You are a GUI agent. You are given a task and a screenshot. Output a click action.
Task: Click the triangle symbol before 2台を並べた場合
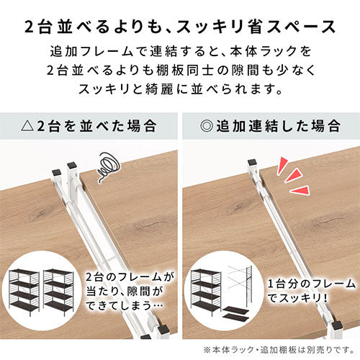(x=28, y=126)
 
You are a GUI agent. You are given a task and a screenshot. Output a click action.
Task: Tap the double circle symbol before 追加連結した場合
(x=207, y=126)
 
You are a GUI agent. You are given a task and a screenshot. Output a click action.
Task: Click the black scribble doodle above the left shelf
(x=108, y=166)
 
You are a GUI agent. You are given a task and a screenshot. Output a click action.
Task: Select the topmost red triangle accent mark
(x=282, y=166)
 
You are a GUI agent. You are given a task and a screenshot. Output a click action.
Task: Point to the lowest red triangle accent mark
(x=300, y=190)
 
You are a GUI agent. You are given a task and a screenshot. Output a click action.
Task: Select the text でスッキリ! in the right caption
(x=297, y=299)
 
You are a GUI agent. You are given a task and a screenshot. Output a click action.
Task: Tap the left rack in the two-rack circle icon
(x=24, y=291)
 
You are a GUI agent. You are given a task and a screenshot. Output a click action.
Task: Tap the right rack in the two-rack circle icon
(x=59, y=292)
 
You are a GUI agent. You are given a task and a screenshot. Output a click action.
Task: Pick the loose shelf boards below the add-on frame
(x=235, y=313)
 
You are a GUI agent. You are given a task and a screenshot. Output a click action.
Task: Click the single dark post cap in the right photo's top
(x=253, y=163)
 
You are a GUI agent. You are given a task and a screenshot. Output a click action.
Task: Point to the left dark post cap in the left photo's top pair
(x=57, y=172)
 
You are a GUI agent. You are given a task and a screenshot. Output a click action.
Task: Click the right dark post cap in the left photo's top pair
(x=72, y=165)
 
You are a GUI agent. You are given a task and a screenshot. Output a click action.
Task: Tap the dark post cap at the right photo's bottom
(x=338, y=325)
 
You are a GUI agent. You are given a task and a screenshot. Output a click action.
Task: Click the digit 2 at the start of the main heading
(x=29, y=27)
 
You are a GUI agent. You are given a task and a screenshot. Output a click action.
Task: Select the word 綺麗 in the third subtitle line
(x=159, y=89)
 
